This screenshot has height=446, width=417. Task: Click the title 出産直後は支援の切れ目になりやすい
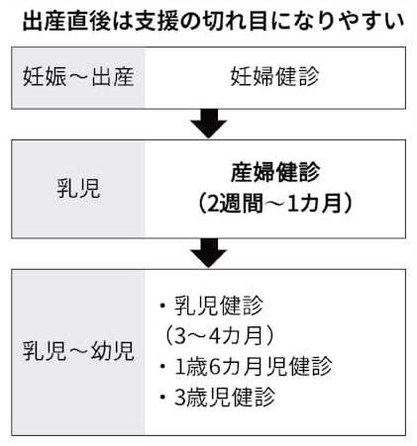[x=213, y=21]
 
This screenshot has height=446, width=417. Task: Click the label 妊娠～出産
[x=78, y=77]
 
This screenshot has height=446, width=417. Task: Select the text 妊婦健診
[x=274, y=77]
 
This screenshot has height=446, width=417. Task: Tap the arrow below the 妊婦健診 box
[x=208, y=124]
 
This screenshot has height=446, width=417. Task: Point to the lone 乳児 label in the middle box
[x=78, y=189]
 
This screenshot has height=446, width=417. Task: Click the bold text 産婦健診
[x=275, y=172]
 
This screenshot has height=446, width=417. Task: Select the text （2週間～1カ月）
[x=274, y=203]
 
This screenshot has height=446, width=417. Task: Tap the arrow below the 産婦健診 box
[x=208, y=253]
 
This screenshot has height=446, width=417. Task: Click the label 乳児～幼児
[x=78, y=351]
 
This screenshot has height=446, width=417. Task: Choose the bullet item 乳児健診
[x=211, y=306]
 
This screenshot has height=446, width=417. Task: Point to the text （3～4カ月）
[x=219, y=336]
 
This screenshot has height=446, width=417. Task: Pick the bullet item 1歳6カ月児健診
[x=246, y=366]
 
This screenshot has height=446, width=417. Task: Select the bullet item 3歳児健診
[x=217, y=398]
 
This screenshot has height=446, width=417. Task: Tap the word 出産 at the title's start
[x=44, y=21]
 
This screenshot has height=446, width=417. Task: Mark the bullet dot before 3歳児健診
[x=162, y=398]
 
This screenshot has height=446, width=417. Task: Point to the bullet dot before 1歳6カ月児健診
[x=162, y=366]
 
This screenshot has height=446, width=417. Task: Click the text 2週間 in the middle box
[x=236, y=203]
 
